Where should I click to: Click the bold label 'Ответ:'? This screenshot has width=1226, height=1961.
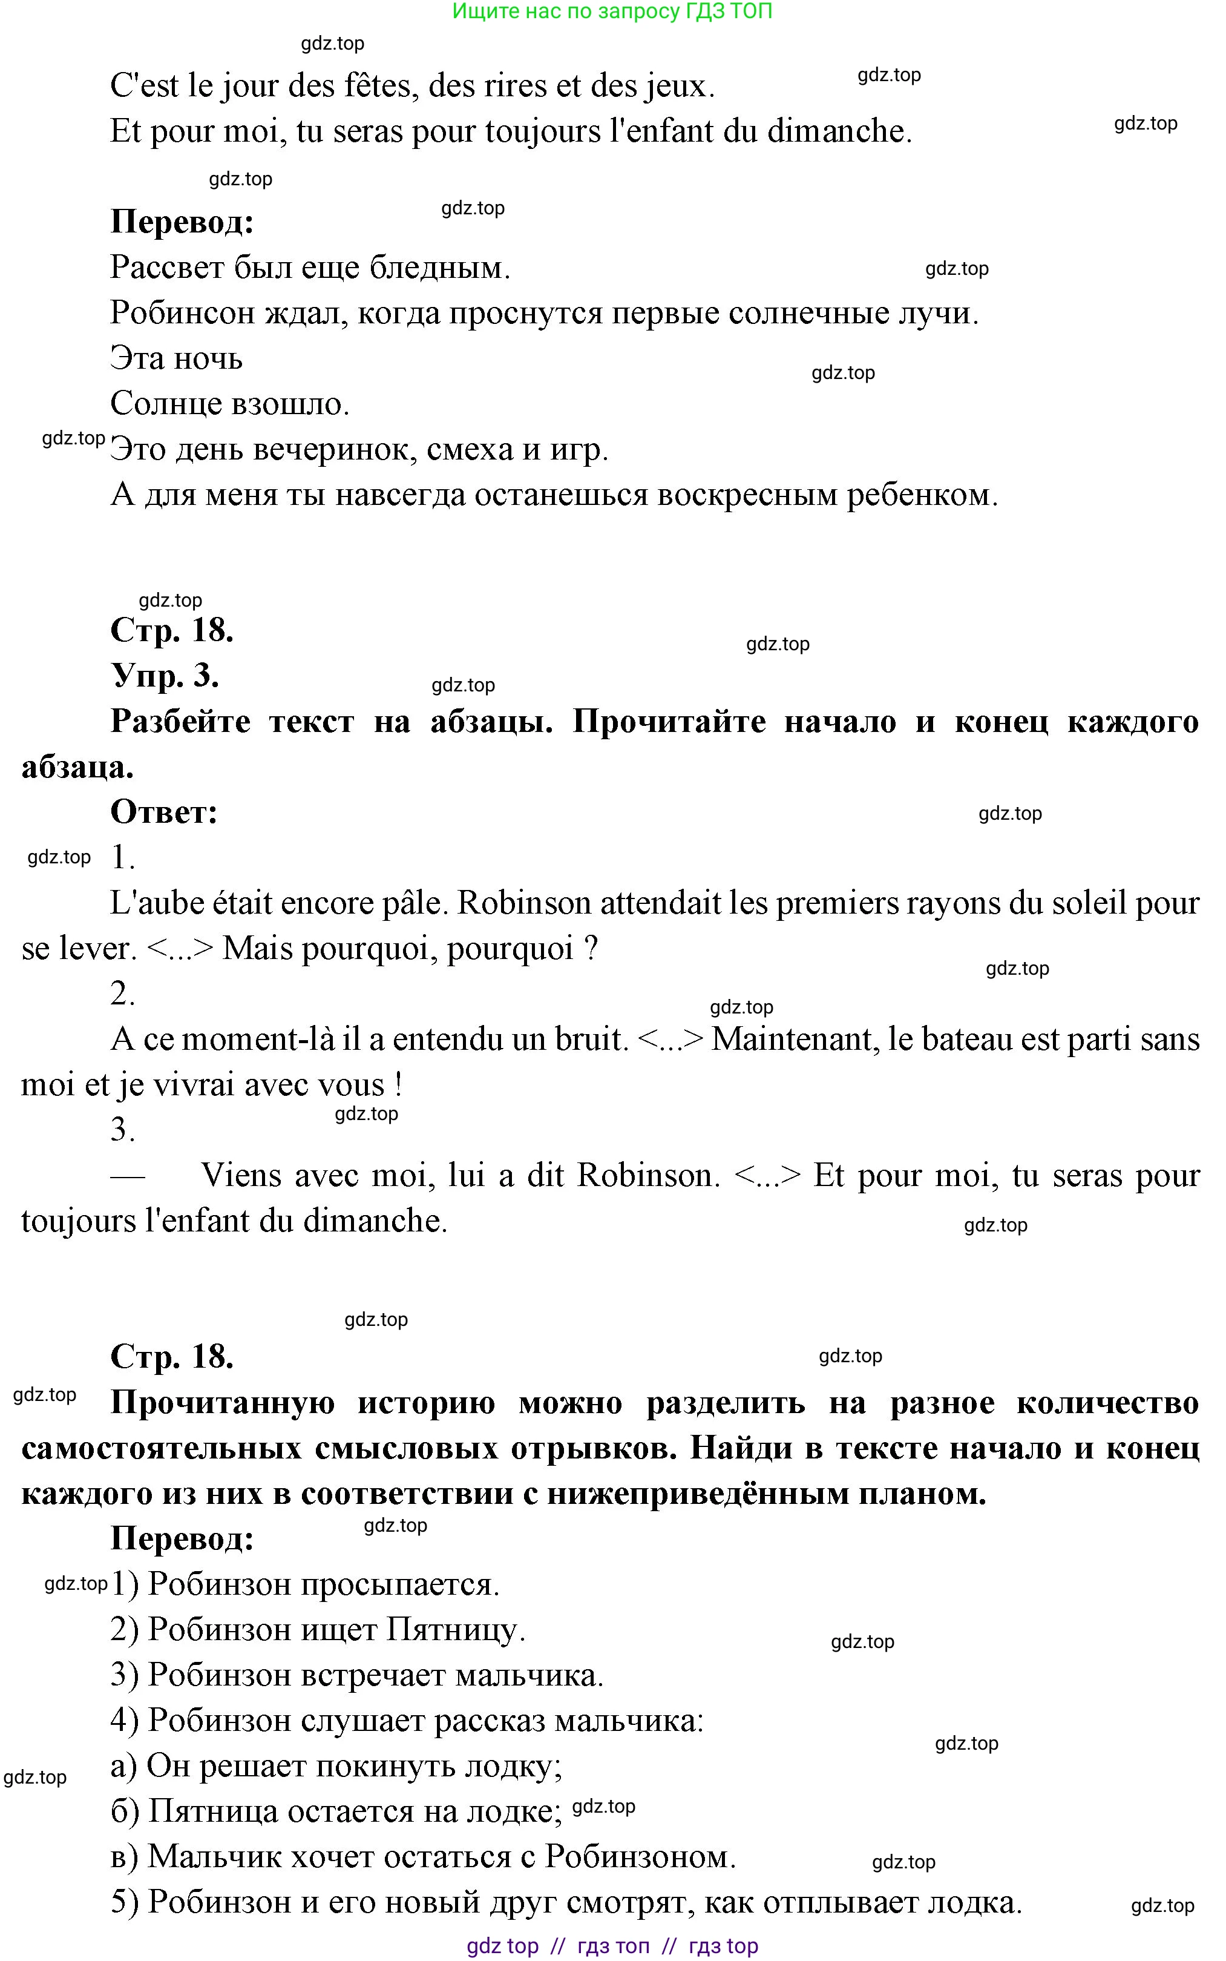(165, 811)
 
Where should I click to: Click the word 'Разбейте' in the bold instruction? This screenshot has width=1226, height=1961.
(180, 721)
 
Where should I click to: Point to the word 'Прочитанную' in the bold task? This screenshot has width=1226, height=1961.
(222, 1402)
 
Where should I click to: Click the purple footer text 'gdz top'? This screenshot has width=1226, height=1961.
(503, 1946)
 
